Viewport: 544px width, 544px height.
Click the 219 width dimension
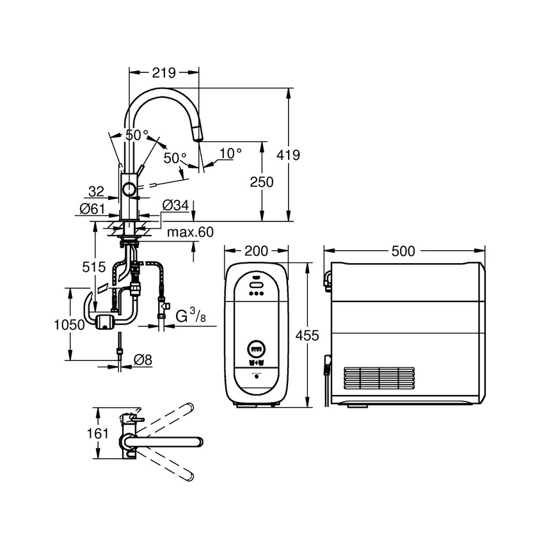[x=164, y=73]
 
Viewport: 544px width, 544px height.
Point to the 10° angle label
[x=230, y=153]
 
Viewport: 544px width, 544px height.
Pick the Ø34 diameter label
[x=175, y=205]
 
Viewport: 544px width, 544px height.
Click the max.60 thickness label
[x=190, y=232]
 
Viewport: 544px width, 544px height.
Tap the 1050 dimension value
[x=69, y=324]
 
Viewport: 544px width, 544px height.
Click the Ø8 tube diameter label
[x=143, y=360]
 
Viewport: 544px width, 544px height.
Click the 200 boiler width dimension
[x=256, y=251]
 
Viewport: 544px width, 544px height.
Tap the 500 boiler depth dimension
[x=403, y=251]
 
